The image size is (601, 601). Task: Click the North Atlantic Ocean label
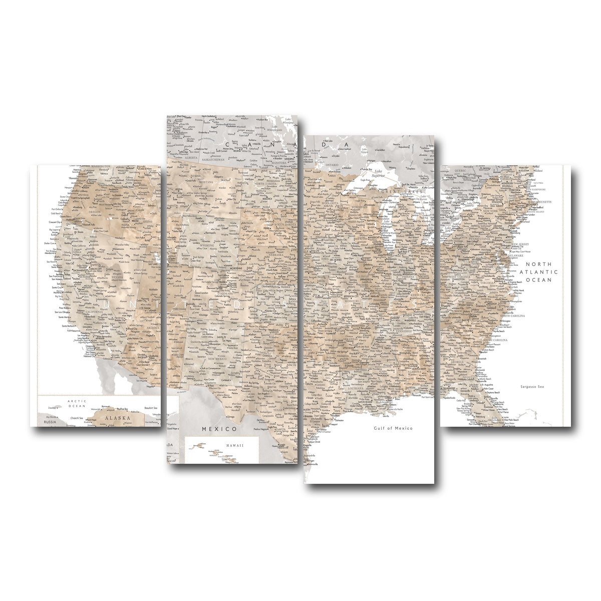(x=538, y=272)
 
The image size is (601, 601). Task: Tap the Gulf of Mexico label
(x=393, y=428)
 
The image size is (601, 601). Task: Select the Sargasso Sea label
(x=532, y=387)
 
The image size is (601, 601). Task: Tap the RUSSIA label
(x=50, y=422)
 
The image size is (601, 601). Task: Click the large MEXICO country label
(x=219, y=429)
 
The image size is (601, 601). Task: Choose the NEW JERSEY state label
(x=520, y=244)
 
